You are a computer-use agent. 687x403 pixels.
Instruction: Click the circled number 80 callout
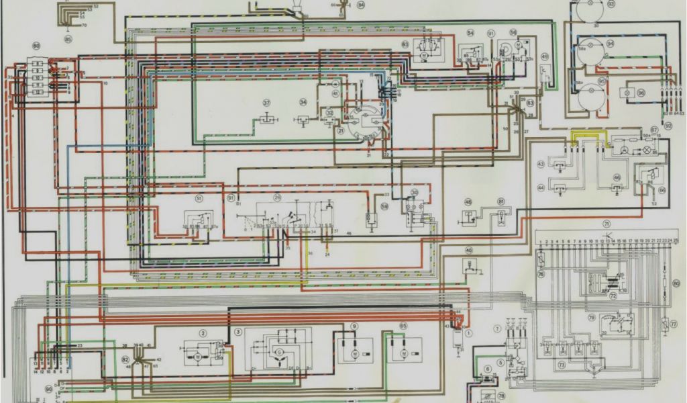(x=36, y=46)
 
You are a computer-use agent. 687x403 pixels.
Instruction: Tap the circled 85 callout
(x=68, y=39)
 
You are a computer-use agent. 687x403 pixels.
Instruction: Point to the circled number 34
(x=303, y=103)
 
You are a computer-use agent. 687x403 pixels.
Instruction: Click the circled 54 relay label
(x=470, y=32)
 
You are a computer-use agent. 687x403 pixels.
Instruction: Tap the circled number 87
(x=654, y=130)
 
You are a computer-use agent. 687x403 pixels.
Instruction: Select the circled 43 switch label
(x=541, y=164)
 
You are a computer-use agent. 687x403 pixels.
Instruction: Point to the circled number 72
(x=612, y=294)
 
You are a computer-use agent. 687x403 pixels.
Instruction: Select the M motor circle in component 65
(x=404, y=353)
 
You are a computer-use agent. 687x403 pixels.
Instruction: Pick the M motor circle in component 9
(x=354, y=353)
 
